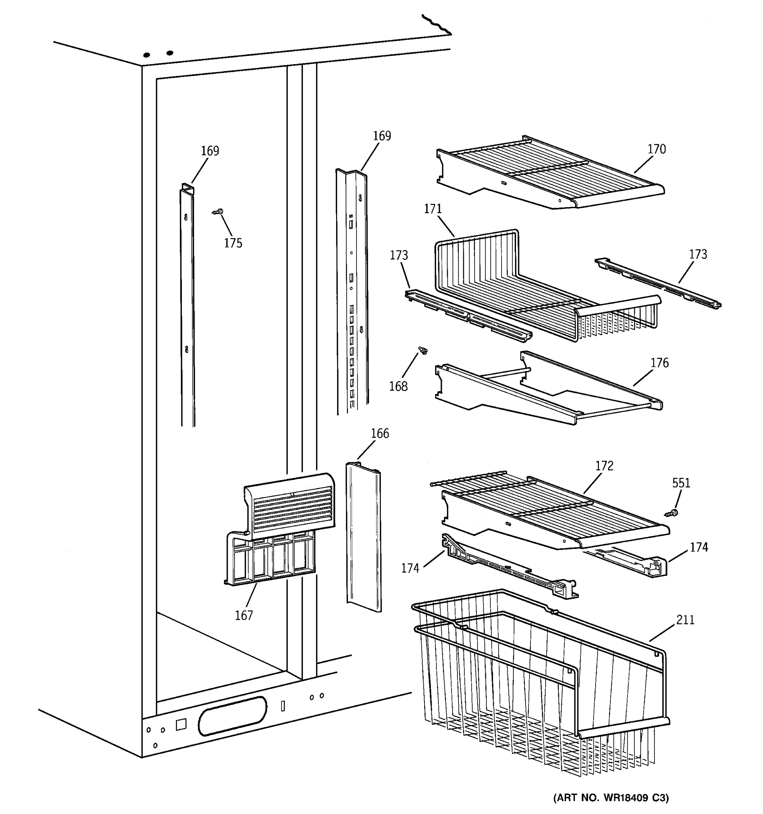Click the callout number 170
point(657,149)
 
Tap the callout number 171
point(433,209)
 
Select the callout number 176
point(660,363)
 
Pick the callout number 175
point(233,243)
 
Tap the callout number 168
point(398,386)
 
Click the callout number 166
point(380,433)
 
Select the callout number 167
point(243,615)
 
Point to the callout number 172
point(604,466)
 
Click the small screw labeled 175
point(218,212)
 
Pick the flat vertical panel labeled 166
point(364,536)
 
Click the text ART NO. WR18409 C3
point(611,798)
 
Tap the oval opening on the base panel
point(232,716)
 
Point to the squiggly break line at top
point(437,24)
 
